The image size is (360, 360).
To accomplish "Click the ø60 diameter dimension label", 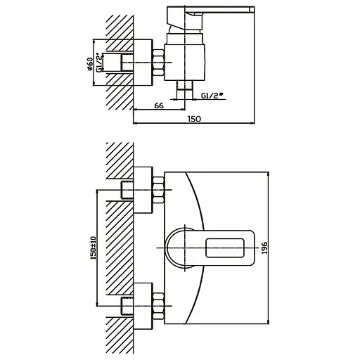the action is (x=90, y=64).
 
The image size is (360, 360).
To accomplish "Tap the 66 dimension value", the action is (x=159, y=105).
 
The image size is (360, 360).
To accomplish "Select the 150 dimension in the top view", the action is (x=194, y=119).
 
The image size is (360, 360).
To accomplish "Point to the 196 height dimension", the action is (x=264, y=248).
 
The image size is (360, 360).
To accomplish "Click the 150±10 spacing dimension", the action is (x=94, y=247).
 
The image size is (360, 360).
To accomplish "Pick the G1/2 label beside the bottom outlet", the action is (x=212, y=96).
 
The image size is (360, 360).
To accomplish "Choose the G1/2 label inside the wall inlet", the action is (x=99, y=63).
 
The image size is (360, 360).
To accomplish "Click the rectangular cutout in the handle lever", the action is (x=225, y=247).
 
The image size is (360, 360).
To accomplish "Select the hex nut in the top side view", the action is (x=159, y=63).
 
